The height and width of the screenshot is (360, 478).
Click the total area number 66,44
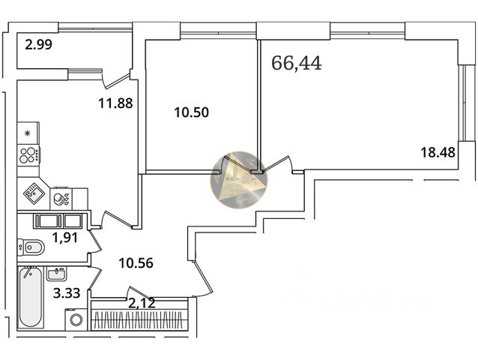(297, 63)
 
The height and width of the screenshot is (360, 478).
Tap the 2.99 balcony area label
(38, 45)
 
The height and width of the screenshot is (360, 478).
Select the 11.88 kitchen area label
(115, 104)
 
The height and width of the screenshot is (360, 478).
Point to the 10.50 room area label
(191, 113)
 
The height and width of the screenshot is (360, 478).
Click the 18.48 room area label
(438, 152)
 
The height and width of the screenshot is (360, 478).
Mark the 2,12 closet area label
(142, 303)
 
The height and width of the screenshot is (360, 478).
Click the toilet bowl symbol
(31, 247)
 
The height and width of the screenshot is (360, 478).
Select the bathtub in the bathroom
(31, 298)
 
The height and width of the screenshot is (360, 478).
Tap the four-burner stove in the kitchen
(29, 156)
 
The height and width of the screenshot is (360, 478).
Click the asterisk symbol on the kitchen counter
(28, 134)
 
